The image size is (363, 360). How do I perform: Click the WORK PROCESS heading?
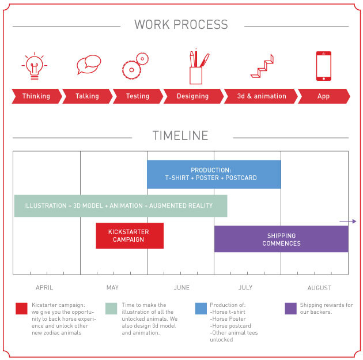[x=181, y=25]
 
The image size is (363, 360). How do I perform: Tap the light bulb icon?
[x=34, y=65]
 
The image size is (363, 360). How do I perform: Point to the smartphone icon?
[x=323, y=66]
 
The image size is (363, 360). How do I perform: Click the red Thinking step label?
[x=36, y=96]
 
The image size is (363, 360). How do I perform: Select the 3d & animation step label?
[x=261, y=96]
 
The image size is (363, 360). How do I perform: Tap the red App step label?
[x=323, y=96]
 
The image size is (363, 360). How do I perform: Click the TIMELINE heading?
[x=180, y=136]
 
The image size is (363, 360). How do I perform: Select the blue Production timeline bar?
[x=214, y=174]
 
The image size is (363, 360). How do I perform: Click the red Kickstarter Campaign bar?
[x=129, y=235]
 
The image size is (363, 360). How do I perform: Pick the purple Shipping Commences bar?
[x=281, y=239]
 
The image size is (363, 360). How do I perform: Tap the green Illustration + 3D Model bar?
[x=120, y=206]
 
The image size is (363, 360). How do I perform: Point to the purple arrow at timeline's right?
[x=348, y=221]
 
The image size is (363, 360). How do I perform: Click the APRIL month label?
[x=44, y=288]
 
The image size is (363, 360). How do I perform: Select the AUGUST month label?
[x=319, y=288]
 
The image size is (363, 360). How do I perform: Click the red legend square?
[x=22, y=309]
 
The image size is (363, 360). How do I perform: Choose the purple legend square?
[x=290, y=309]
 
